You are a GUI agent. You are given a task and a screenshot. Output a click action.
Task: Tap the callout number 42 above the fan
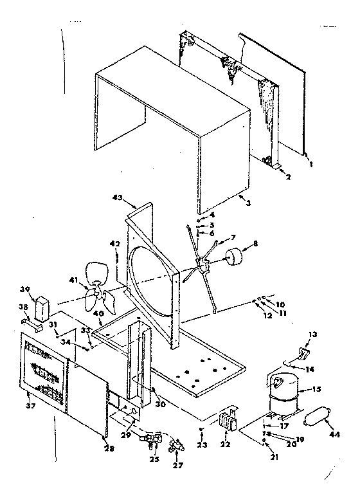click(116, 244)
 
